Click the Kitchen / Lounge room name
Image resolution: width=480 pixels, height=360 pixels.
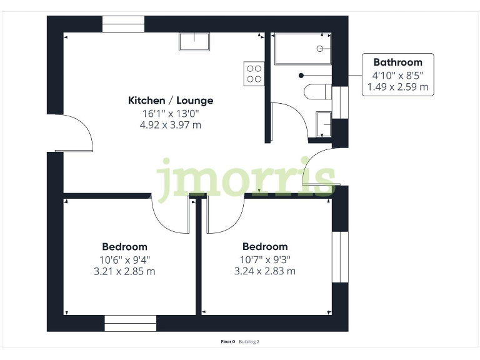click(171, 100)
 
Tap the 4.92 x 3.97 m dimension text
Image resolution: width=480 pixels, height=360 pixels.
click(171, 125)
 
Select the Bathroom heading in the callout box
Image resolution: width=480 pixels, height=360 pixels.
click(397, 62)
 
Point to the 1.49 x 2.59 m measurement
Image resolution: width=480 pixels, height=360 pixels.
click(397, 87)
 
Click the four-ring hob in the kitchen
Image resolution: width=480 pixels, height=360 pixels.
click(254, 74)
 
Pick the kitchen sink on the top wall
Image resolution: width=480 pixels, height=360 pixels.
click(195, 41)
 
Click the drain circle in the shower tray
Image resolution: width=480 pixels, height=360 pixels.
click(320, 48)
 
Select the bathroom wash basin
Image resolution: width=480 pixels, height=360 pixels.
click(324, 124)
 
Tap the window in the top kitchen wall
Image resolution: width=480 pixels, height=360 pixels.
click(123, 24)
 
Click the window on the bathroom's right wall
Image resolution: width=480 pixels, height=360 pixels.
click(340, 102)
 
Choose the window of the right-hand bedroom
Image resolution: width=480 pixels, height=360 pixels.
click(340, 256)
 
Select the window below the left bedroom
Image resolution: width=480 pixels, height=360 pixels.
click(130, 323)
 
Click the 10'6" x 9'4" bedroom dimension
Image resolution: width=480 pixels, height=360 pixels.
click(125, 259)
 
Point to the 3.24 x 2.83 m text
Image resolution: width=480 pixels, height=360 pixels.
click(265, 271)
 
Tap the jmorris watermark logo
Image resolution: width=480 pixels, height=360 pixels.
click(246, 179)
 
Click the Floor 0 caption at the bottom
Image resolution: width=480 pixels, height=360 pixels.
click(227, 342)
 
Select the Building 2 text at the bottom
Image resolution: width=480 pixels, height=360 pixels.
click(249, 342)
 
